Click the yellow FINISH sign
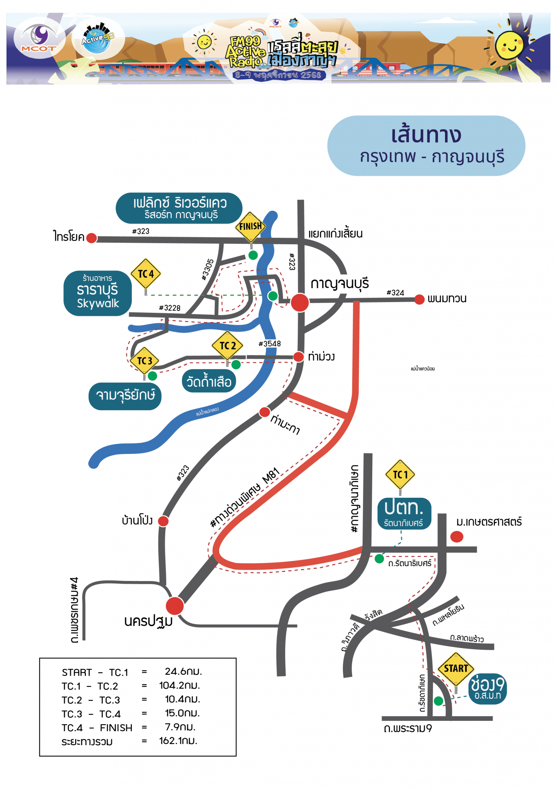pyautogui.click(x=251, y=227)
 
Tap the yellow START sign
pyautogui.click(x=456, y=669)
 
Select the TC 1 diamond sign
pyautogui.click(x=400, y=475)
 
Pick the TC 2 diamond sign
pyautogui.click(x=227, y=346)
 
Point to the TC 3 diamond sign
pyautogui.click(x=145, y=361)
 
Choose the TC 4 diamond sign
pyautogui.click(x=146, y=274)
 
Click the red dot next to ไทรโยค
pyautogui.click(x=92, y=238)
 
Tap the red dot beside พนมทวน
pyautogui.click(x=419, y=299)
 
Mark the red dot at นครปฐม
pyautogui.click(x=175, y=606)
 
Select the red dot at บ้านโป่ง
pyautogui.click(x=163, y=521)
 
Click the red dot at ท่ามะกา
pyautogui.click(x=264, y=412)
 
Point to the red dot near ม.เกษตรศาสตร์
pyautogui.click(x=457, y=537)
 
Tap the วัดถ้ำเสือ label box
pyautogui.click(x=209, y=381)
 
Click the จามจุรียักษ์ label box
pyautogui.click(x=125, y=396)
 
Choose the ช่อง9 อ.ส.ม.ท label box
pyautogui.click(x=487, y=688)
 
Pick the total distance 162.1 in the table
pyautogui.click(x=178, y=741)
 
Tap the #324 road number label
pyautogui.click(x=395, y=293)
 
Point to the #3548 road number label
pyautogui.click(x=269, y=344)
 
